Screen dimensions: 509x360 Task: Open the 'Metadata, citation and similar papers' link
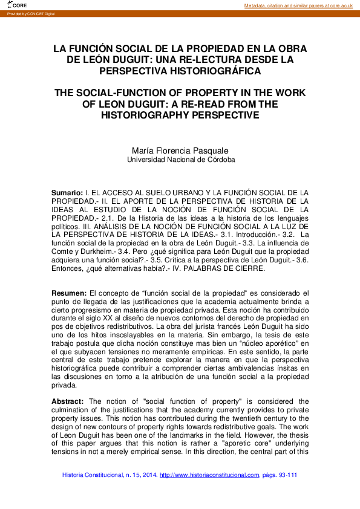click(298, 5)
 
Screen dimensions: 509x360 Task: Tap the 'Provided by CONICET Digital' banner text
click(30, 13)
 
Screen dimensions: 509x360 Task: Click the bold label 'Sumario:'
click(67, 192)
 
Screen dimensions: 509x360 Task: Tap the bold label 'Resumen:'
click(69, 292)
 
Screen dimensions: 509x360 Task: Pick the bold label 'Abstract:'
click(68, 401)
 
